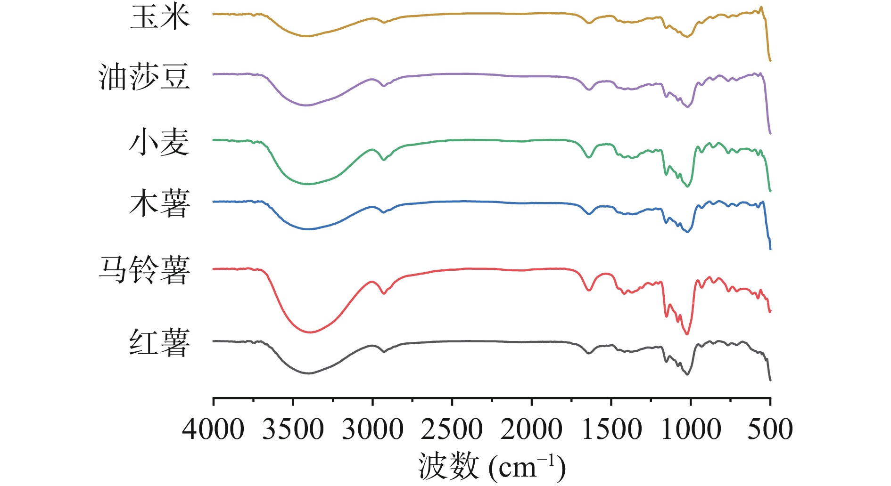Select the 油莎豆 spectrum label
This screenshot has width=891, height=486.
(x=144, y=77)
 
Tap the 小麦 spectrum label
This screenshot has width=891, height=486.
(x=160, y=142)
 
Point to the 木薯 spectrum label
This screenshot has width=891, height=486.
(x=160, y=204)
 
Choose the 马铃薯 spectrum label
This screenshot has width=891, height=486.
(x=144, y=270)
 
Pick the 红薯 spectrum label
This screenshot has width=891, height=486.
(x=160, y=342)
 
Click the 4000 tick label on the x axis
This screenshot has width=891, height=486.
(x=213, y=429)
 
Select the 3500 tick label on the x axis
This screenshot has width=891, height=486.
(x=293, y=429)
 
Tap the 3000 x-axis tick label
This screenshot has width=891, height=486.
(x=372, y=429)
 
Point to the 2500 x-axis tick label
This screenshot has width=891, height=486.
(x=452, y=429)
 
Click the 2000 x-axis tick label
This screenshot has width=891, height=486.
(x=531, y=429)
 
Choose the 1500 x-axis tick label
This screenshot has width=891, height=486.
(x=611, y=429)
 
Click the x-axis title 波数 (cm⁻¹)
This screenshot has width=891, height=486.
(x=492, y=466)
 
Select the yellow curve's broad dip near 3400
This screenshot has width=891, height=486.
(x=306, y=36)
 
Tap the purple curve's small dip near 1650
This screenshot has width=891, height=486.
(x=588, y=89)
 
